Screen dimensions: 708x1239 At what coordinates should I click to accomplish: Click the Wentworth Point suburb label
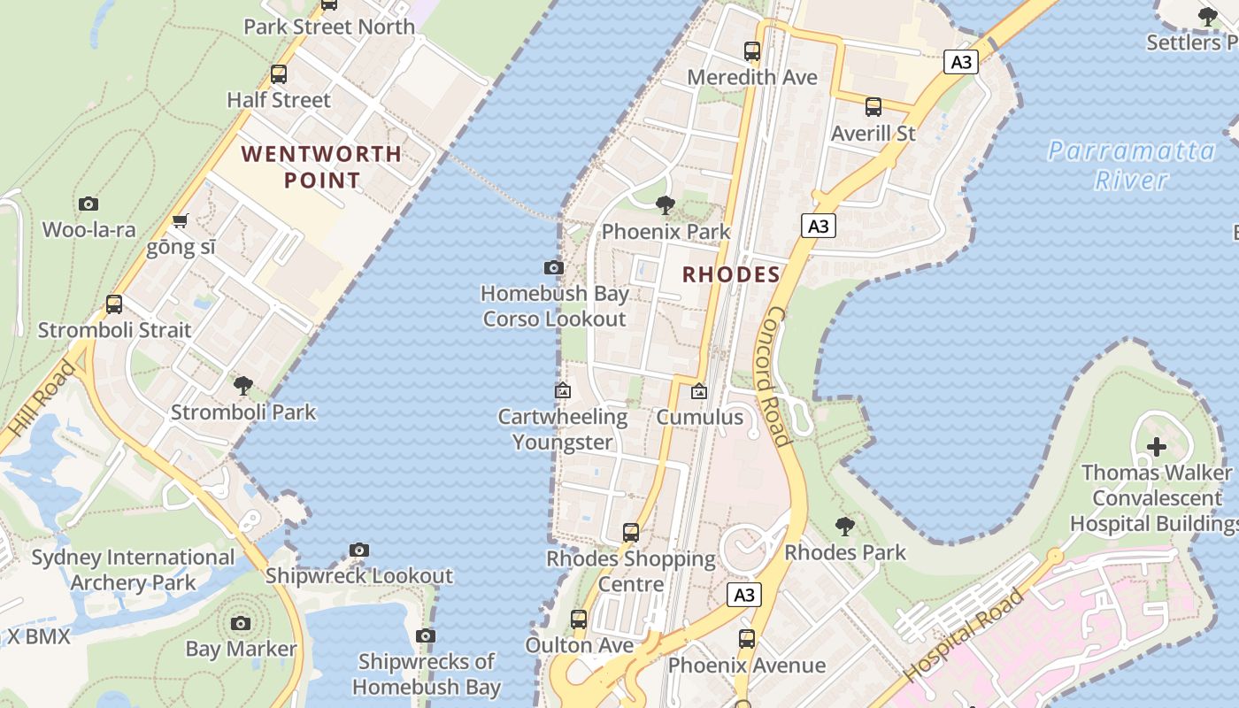point(321,167)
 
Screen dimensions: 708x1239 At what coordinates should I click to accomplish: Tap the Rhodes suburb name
point(731,274)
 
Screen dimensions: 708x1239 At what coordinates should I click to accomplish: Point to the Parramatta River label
point(1131,165)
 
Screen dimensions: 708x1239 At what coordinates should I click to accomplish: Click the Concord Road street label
point(776,377)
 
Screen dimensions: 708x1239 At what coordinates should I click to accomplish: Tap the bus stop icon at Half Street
point(279,74)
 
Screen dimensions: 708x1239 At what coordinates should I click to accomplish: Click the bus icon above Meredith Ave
point(752,51)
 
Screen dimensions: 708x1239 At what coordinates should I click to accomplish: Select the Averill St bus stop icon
point(873,107)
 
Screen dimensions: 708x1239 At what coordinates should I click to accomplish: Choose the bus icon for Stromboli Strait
point(114,304)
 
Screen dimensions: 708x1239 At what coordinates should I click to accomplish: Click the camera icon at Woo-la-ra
point(88,204)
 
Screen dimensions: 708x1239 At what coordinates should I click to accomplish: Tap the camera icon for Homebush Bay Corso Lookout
point(554,267)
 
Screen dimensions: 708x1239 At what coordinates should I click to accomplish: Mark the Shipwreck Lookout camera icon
point(359,550)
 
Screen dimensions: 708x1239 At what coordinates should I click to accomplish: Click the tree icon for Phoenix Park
point(666,206)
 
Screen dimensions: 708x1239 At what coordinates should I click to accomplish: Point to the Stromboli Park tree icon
point(243,386)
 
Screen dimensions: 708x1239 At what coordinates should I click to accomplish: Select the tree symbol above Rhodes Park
point(845,527)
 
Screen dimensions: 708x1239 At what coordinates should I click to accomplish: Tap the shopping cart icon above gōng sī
point(181,220)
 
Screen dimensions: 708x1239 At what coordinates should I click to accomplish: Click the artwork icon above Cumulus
point(699,390)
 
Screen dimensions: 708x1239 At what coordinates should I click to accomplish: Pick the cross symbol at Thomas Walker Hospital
point(1157,447)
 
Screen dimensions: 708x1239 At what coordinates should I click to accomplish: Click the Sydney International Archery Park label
point(133,570)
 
